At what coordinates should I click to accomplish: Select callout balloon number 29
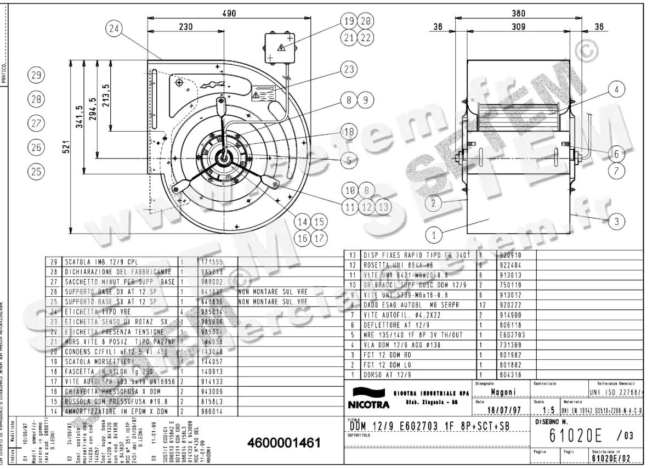tap(36, 76)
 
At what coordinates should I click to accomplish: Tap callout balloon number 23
tap(348, 70)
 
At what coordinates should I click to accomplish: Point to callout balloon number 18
tap(348, 131)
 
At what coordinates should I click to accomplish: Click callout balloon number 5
tap(348, 160)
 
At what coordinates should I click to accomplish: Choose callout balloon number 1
tap(434, 236)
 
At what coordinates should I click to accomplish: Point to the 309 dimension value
tap(518, 26)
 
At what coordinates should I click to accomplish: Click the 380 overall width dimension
tap(518, 13)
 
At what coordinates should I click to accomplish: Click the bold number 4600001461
tap(283, 443)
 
